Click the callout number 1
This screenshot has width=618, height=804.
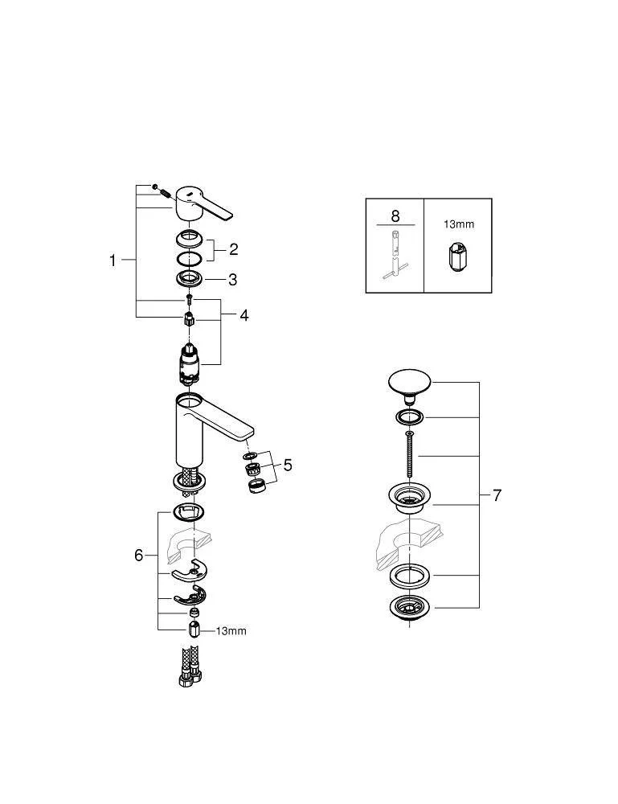tap(113, 260)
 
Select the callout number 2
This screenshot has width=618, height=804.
tap(234, 250)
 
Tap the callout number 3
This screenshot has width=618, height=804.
tap(232, 280)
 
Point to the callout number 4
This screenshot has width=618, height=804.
tap(244, 315)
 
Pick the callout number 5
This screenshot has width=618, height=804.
tap(288, 465)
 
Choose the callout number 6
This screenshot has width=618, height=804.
tap(139, 556)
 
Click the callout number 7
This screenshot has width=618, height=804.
tap(497, 495)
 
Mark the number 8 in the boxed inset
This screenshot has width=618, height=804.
tap(395, 215)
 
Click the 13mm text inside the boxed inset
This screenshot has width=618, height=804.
tap(459, 224)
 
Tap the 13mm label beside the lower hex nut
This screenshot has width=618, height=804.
tap(231, 631)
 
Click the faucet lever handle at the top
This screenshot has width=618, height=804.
tap(203, 204)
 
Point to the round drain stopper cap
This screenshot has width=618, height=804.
tap(409, 384)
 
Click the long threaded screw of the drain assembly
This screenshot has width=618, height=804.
tap(409, 456)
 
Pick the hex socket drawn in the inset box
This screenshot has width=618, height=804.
tap(457, 257)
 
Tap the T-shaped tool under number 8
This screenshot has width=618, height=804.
tap(395, 255)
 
